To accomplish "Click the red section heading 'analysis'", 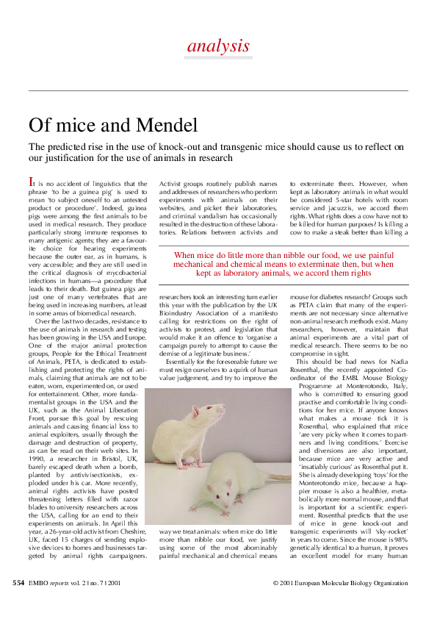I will coord(218,46).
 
